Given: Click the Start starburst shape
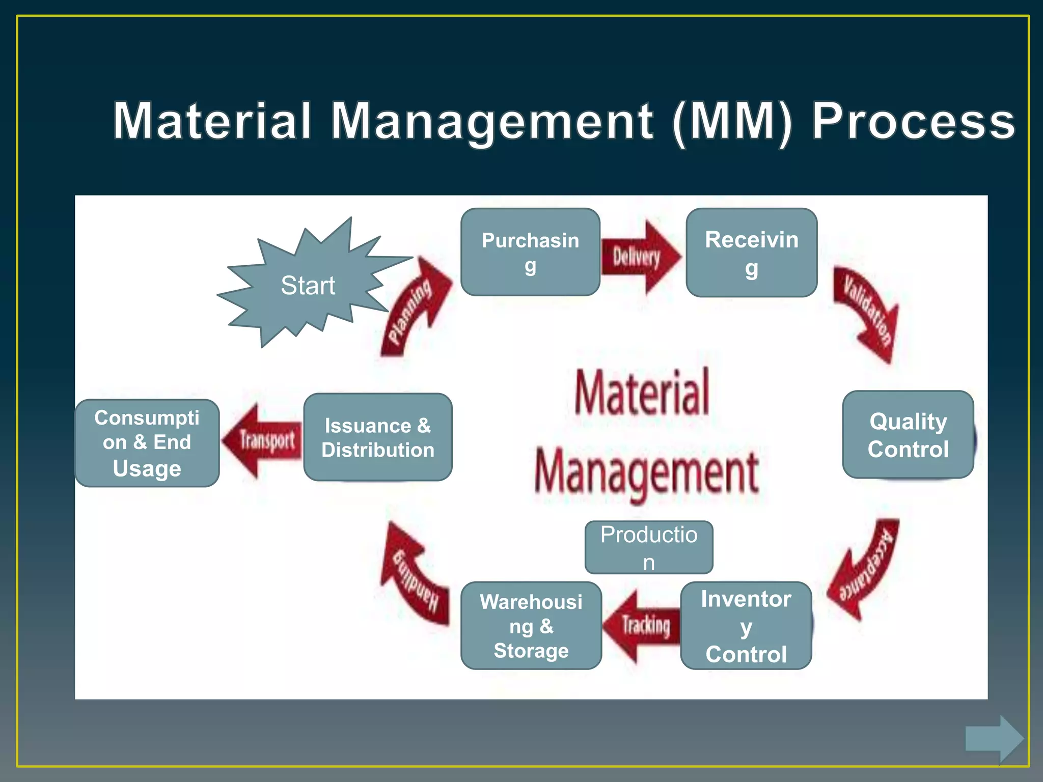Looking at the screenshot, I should point(308,285).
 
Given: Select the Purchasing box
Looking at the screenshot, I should point(530,252).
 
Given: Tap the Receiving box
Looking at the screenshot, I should point(751,253).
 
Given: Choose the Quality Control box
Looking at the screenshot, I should point(908,435).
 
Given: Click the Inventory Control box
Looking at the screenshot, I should point(746,626).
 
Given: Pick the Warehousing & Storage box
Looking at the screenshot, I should point(531,626).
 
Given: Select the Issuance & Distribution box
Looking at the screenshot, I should point(378,437).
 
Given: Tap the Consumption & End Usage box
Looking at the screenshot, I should point(147,443).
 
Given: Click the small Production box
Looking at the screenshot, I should point(649,547).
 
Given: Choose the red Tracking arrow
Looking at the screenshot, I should point(643,625).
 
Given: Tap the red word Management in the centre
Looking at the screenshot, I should point(647,471).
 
